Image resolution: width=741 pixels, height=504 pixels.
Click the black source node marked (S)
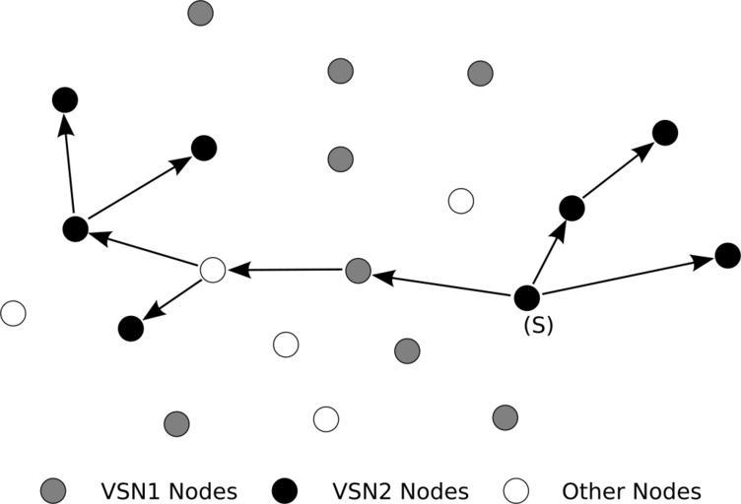click(527, 296)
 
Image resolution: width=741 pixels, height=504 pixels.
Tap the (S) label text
click(538, 326)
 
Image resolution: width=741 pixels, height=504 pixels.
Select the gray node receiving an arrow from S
click(359, 271)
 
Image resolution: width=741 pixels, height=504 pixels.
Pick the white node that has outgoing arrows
click(213, 269)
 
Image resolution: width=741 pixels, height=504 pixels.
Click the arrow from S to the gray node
click(443, 283)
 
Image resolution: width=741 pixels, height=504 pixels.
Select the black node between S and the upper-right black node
click(572, 208)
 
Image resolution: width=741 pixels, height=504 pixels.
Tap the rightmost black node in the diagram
click(727, 256)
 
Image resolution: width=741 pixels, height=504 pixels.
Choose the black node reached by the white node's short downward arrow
click(130, 329)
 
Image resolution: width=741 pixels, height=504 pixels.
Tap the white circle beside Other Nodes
click(515, 490)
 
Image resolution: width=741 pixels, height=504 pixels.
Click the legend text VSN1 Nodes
click(168, 490)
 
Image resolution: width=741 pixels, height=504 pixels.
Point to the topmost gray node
click(200, 14)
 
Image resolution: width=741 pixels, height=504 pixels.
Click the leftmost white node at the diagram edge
click(13, 314)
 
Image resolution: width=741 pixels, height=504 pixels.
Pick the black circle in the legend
click(285, 490)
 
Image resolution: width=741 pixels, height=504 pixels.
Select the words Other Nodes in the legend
click(631, 490)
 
